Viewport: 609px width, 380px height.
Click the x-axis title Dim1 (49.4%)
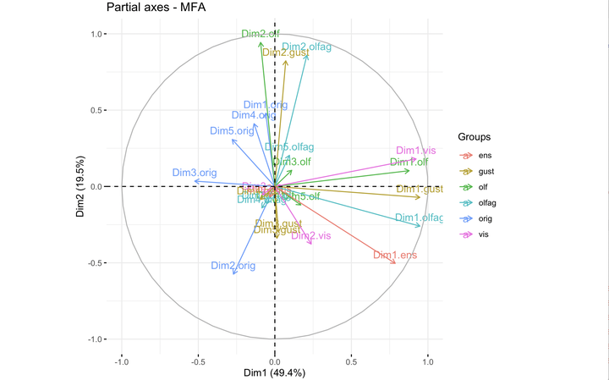[274, 372]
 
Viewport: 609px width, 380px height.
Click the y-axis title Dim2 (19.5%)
[82, 187]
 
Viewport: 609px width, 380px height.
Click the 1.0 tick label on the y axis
[97, 35]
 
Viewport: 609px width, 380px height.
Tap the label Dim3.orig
[195, 173]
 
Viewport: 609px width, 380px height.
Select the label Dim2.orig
[233, 266]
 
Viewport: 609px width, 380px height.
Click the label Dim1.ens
[394, 255]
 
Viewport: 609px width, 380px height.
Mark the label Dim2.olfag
[306, 47]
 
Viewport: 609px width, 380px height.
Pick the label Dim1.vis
[416, 150]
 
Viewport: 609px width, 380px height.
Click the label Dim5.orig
[232, 131]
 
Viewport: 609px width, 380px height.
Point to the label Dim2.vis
[310, 235]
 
